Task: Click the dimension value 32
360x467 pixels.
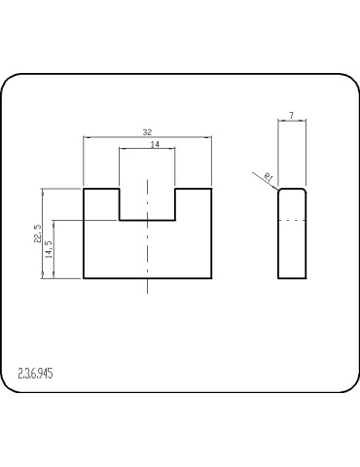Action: click(147, 131)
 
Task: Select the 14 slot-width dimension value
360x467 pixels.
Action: click(155, 144)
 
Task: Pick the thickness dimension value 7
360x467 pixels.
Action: click(292, 116)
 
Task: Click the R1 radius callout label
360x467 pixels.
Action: click(268, 176)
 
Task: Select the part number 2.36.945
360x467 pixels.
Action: click(36, 372)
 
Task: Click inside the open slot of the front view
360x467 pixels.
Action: click(147, 202)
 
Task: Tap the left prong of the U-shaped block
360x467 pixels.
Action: click(101, 202)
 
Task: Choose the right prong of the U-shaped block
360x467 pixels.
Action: click(193, 202)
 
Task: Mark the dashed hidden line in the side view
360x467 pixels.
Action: click(293, 221)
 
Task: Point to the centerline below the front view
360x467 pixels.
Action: click(147, 286)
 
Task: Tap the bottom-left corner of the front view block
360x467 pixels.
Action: click(84, 278)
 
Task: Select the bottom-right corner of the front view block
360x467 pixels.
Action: click(210, 278)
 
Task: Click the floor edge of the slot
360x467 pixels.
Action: click(147, 220)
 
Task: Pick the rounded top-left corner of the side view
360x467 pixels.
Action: click(280, 191)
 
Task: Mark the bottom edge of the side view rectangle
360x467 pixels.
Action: click(293, 278)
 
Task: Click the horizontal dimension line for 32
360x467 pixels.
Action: click(117, 136)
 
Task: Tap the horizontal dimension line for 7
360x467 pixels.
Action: click(293, 121)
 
